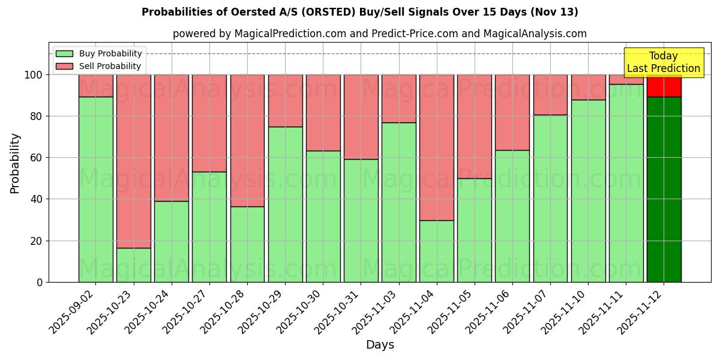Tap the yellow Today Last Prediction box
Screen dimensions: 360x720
[663, 62]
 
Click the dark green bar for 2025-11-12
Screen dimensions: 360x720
[664, 189]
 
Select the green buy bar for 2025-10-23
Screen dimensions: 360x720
[133, 265]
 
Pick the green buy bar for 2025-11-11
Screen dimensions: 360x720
[626, 183]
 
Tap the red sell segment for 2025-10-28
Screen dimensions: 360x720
[247, 140]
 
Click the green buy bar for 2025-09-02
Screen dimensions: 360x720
[95, 189]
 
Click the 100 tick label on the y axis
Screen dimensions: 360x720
[34, 75]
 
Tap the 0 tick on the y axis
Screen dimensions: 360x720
[40, 282]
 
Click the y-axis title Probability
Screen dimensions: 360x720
[15, 163]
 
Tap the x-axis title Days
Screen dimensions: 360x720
[380, 345]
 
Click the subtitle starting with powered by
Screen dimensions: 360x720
[379, 34]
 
